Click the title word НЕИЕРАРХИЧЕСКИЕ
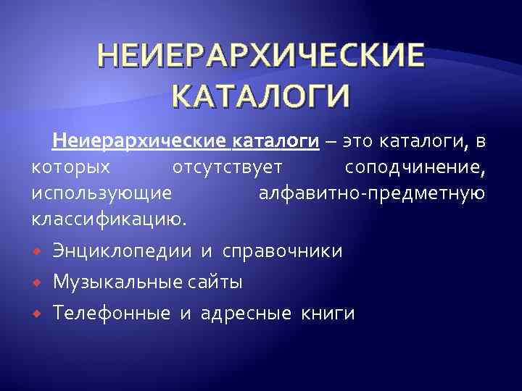[x=260, y=56]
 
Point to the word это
[x=358, y=141]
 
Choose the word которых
[x=71, y=168]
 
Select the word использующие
[x=102, y=193]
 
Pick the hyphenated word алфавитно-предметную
[x=371, y=193]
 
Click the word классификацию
[x=109, y=219]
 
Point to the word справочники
[x=283, y=251]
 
